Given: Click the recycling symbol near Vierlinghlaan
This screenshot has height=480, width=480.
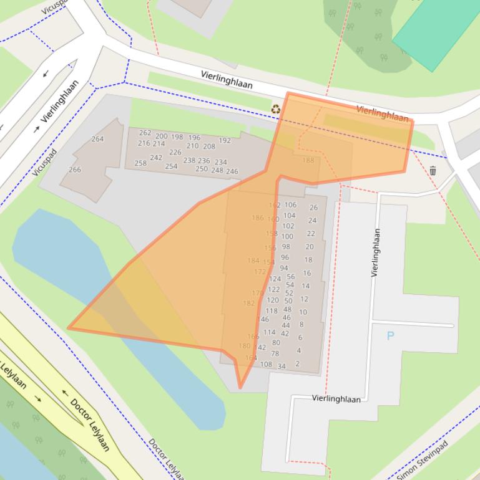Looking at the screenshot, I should click(x=275, y=109).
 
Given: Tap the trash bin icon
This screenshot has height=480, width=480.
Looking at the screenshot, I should click(x=433, y=170).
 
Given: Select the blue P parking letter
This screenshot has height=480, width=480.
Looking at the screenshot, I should click(x=391, y=336).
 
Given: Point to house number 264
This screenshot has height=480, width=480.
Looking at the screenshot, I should click(x=97, y=139).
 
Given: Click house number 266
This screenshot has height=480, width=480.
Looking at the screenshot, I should click(x=75, y=170).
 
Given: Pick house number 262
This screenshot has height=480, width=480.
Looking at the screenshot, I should click(x=145, y=133).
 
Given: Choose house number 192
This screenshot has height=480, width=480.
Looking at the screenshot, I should click(x=225, y=141).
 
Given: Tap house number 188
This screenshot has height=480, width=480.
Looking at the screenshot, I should click(x=308, y=160).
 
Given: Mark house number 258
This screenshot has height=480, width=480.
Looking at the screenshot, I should click(x=140, y=163).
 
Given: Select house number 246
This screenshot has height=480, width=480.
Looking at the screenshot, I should click(x=232, y=171).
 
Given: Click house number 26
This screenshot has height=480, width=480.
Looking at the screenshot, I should click(x=313, y=208).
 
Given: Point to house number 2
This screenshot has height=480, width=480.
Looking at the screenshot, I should click(x=298, y=363).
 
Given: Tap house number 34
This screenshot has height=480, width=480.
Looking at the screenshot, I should click(x=282, y=367).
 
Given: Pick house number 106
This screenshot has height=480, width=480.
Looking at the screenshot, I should click(x=290, y=205).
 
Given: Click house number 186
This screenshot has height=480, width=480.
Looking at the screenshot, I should click(x=258, y=218).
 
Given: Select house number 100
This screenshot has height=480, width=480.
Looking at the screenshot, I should click(x=287, y=237).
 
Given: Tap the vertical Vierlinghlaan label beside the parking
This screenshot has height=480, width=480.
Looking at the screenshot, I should click(x=376, y=252).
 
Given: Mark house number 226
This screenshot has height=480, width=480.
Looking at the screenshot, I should click(x=175, y=152).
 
